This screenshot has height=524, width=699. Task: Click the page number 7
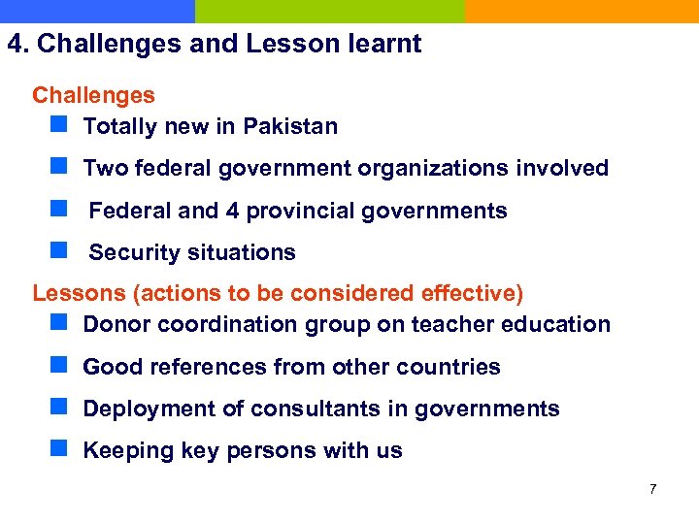652,489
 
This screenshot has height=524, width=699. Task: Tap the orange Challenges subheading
93,95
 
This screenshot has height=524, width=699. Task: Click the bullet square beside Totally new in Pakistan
59,125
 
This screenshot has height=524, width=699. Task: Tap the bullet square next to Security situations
59,251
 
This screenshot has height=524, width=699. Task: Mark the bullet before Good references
59,366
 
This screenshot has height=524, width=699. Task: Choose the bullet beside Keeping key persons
59,449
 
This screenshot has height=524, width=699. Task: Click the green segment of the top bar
330,11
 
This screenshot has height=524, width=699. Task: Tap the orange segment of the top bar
582,11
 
